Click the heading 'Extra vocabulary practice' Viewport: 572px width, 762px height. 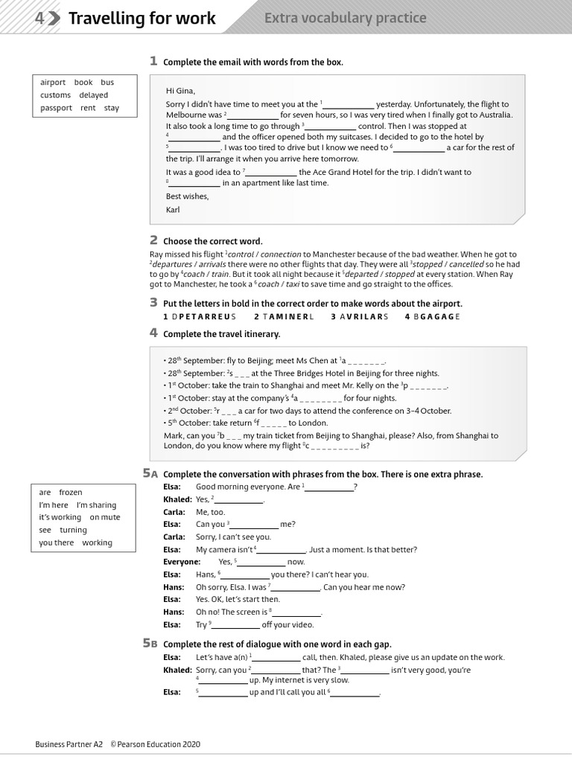(346, 18)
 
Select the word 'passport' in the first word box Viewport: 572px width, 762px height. (57, 108)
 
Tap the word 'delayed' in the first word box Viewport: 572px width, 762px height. (94, 95)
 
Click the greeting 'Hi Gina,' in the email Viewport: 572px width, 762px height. (180, 91)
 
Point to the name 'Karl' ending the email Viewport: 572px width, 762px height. (173, 210)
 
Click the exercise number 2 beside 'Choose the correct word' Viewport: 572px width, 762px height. (153, 240)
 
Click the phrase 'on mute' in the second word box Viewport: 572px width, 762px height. (105, 517)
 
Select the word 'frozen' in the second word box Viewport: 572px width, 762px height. (71, 493)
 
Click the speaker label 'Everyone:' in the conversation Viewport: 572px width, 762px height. (182, 562)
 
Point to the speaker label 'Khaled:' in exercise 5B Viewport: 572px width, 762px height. (177, 670)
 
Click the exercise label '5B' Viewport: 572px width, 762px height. (150, 644)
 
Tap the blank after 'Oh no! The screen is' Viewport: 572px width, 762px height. (296, 613)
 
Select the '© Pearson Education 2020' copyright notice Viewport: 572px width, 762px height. (155, 744)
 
